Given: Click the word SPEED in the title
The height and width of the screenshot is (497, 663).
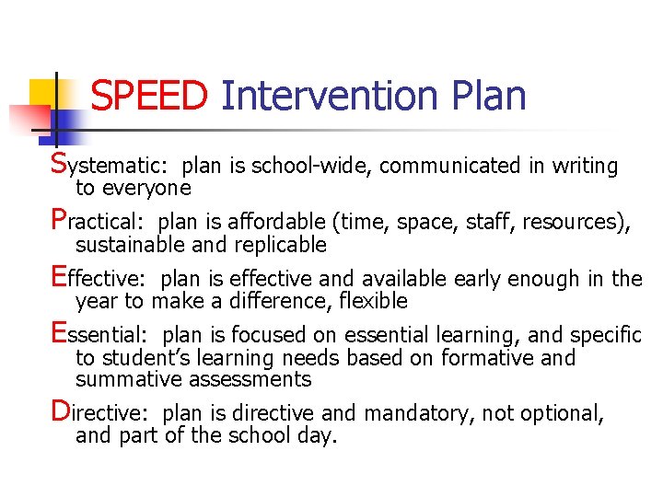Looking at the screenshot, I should click(x=150, y=96).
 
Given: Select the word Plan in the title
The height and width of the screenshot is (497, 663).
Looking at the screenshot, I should click(x=488, y=96).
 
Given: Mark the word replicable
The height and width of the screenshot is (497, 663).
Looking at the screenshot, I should click(x=283, y=245).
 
